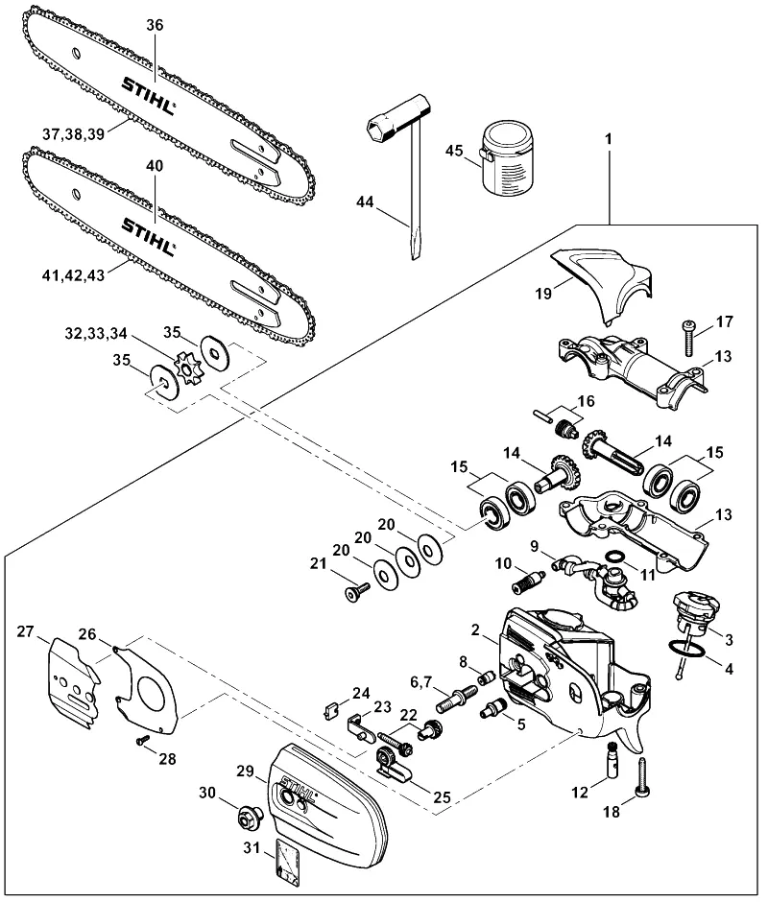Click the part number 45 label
click(x=454, y=151)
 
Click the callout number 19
click(x=543, y=294)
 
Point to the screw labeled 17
click(x=690, y=338)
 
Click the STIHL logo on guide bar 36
click(x=148, y=96)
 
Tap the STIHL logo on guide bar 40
click(x=148, y=236)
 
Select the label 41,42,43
click(x=74, y=275)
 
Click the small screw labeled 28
click(x=142, y=741)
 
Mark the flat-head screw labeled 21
click(x=356, y=590)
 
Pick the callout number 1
click(x=609, y=139)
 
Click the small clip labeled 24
click(x=330, y=711)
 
